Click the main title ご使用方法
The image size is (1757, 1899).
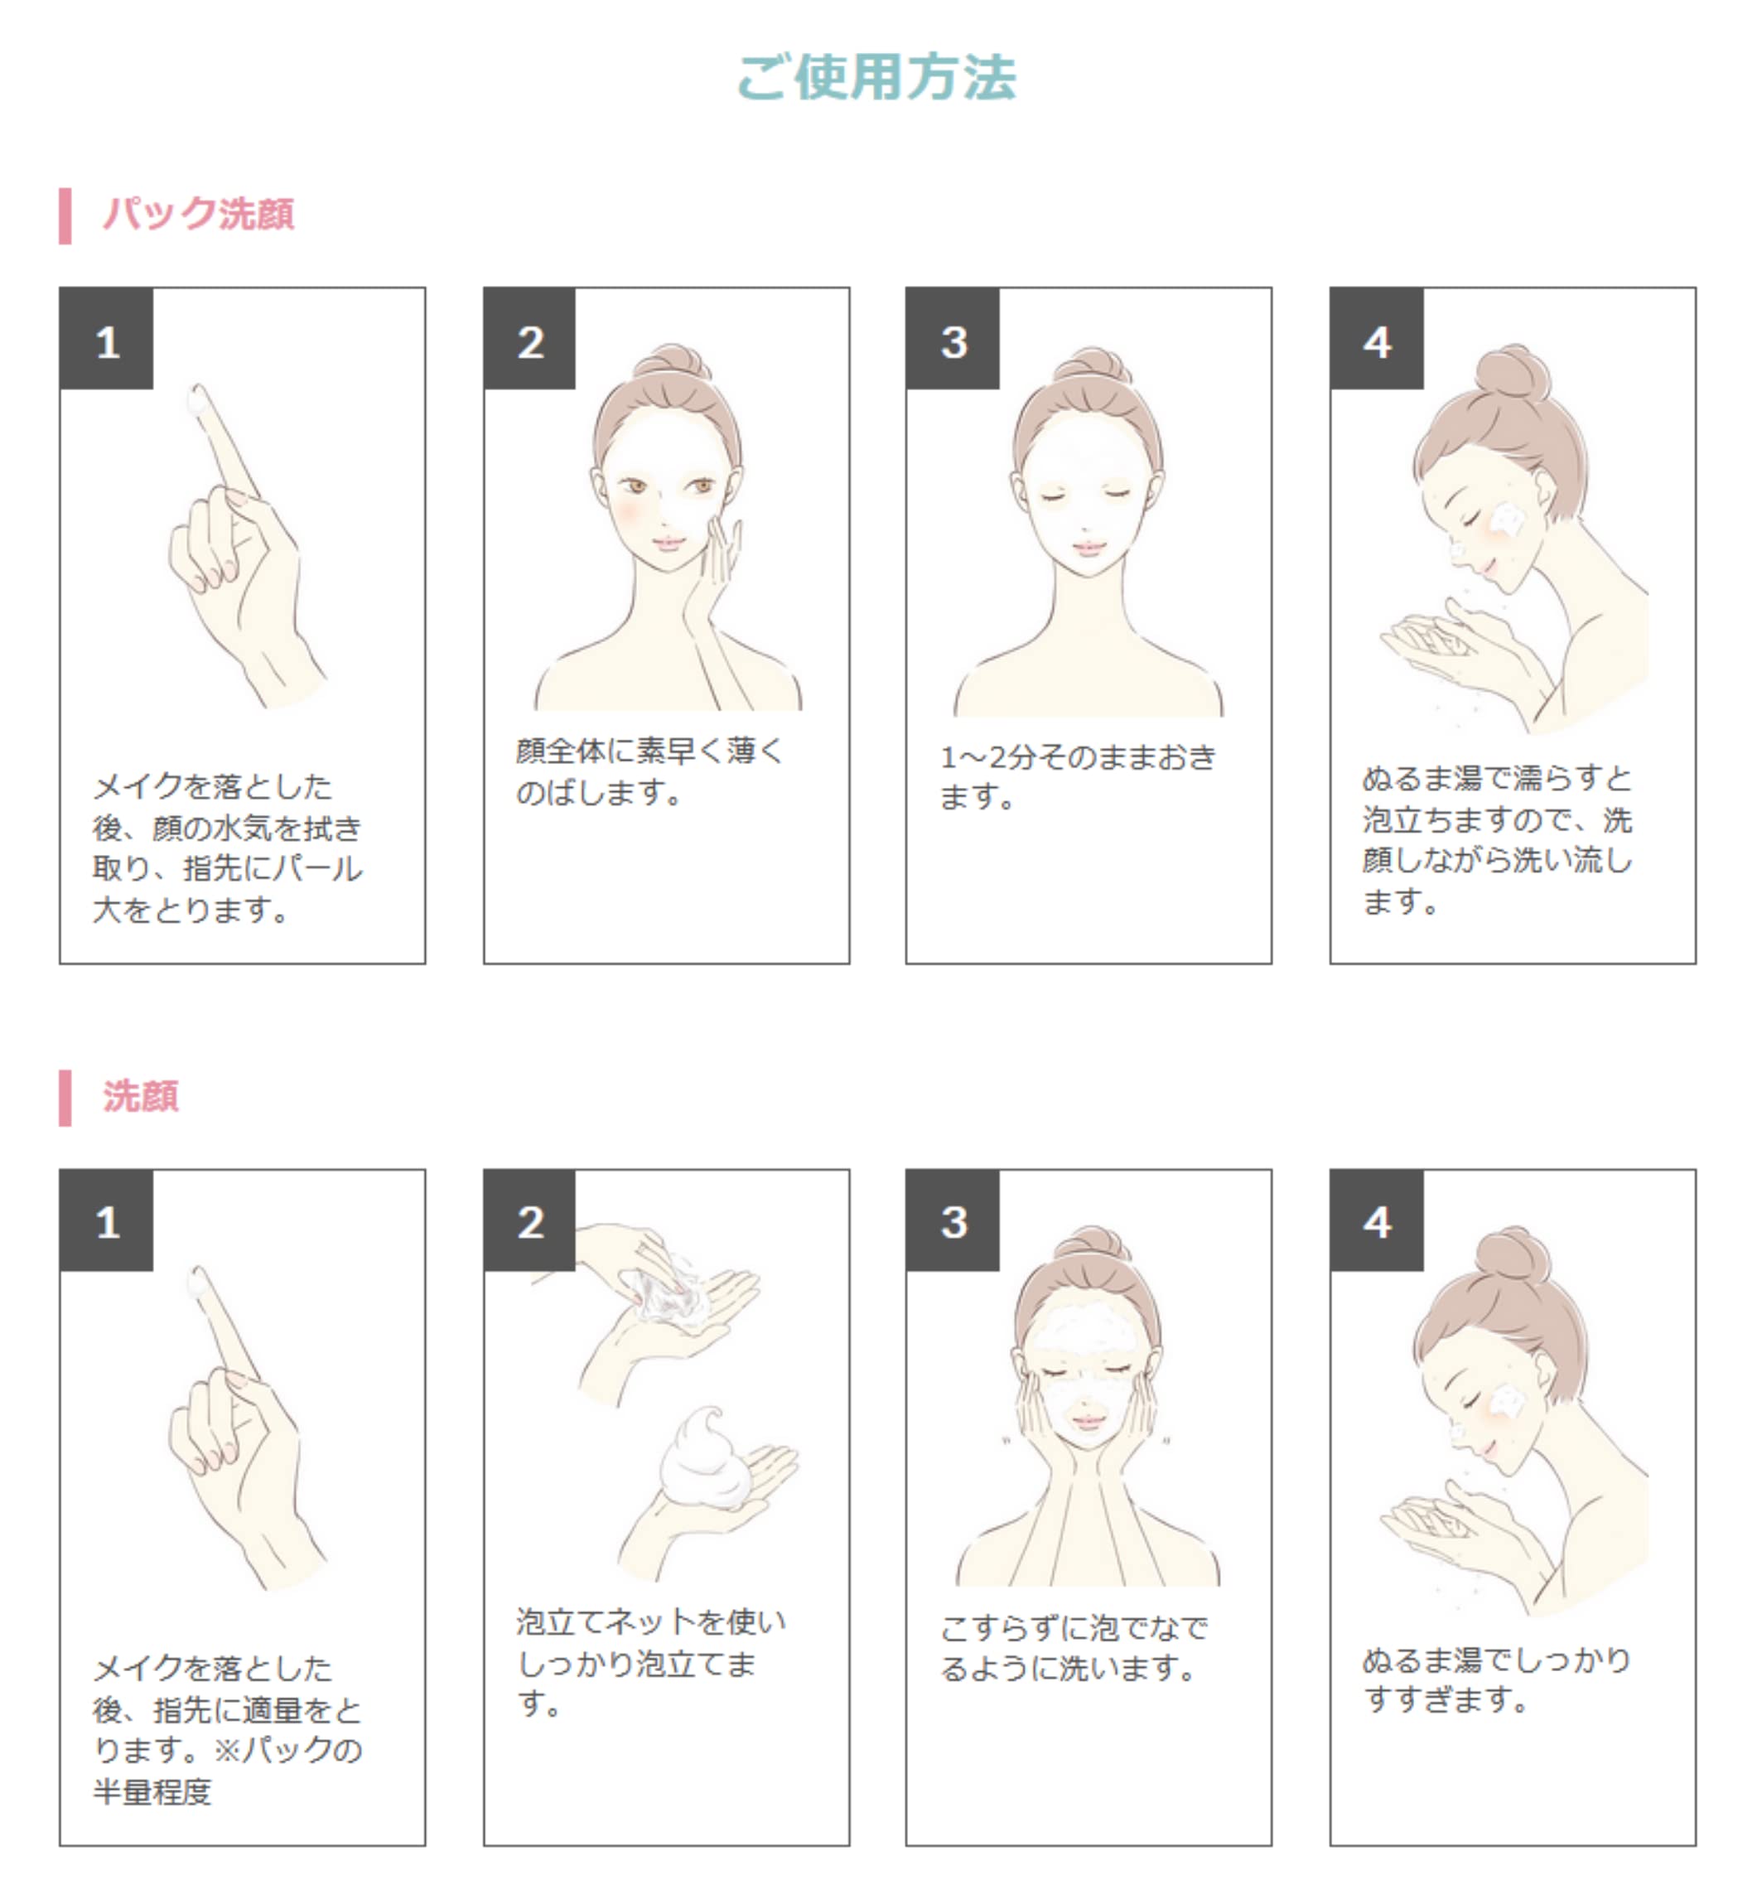(876, 77)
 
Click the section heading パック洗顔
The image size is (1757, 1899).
(198, 213)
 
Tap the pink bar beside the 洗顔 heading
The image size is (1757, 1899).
(65, 1097)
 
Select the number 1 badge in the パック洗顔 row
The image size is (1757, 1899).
(107, 340)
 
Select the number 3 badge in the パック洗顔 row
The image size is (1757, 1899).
(953, 340)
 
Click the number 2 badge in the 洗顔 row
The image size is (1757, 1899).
(529, 1221)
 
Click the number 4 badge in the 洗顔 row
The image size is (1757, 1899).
(1376, 1221)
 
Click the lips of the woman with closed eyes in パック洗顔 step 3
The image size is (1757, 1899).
(1088, 548)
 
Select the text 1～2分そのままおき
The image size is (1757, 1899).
(1079, 757)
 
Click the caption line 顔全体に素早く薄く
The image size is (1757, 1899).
(649, 751)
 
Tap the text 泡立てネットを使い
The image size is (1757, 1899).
(651, 1621)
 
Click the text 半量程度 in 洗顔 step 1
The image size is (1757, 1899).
(152, 1791)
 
